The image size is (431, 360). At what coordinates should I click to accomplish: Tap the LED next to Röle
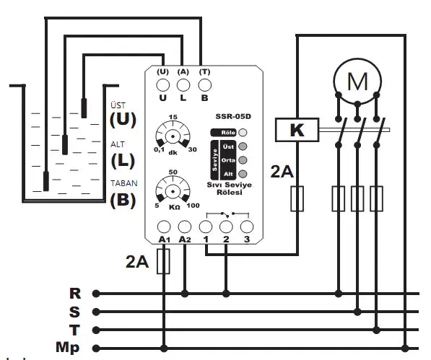[243, 132]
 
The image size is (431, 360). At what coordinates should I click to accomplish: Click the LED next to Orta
[243, 159]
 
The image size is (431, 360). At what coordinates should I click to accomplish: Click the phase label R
[74, 294]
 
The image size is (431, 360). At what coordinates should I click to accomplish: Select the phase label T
[74, 330]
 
